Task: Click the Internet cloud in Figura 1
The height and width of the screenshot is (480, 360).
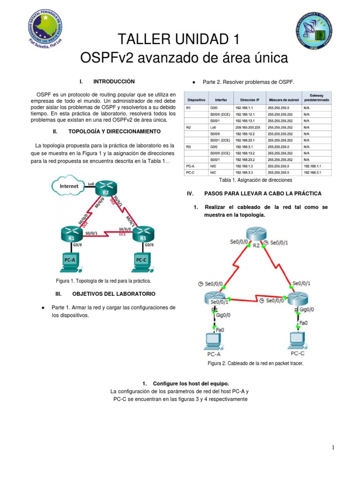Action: coord(69,186)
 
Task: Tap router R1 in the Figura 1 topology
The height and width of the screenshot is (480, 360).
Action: coord(72,233)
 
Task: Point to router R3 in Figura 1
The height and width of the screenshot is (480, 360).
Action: coord(143,233)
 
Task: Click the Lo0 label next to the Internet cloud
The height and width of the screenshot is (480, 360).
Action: coord(91,184)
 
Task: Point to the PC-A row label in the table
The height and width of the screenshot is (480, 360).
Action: coord(190,166)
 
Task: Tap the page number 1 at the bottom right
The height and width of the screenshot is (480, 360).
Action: coord(333,448)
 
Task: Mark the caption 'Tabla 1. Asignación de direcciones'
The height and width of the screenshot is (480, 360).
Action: coord(255,180)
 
